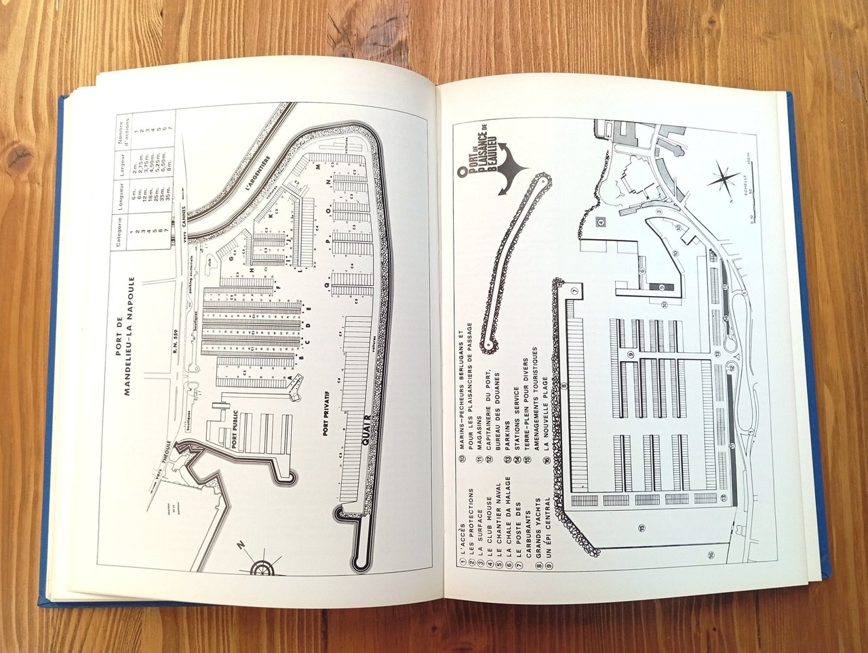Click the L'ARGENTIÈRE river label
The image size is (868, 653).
[259, 175]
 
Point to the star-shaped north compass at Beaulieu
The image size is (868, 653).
[724, 180]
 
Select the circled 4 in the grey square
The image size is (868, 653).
[600, 222]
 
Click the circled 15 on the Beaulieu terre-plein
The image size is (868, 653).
[641, 527]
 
